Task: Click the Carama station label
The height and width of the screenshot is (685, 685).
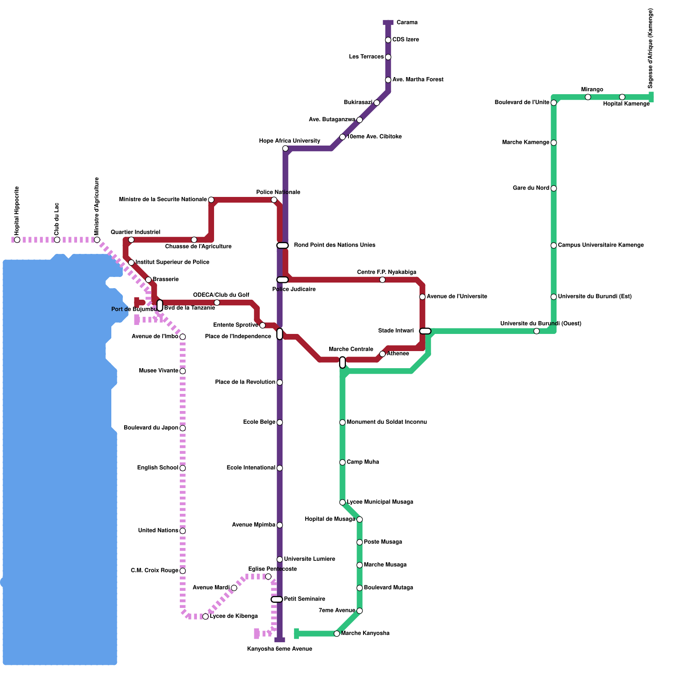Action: click(407, 22)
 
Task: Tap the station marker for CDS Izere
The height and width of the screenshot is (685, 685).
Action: click(388, 40)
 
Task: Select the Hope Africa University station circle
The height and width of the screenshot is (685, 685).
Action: click(285, 149)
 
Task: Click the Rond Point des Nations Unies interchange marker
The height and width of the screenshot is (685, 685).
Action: click(283, 245)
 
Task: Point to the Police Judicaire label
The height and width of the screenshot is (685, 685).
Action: click(294, 289)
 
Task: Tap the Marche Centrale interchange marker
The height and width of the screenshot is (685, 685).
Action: click(342, 362)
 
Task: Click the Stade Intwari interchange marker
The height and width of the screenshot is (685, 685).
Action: click(425, 331)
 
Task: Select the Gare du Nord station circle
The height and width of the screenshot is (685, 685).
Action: click(554, 188)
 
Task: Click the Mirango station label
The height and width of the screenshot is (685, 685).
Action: click(592, 89)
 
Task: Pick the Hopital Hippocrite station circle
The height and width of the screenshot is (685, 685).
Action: click(17, 240)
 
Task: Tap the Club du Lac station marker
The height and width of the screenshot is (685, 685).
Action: click(57, 240)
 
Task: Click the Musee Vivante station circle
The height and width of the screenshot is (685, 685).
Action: click(182, 371)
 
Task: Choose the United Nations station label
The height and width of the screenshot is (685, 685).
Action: click(158, 530)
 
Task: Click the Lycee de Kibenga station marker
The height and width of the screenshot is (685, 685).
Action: click(205, 616)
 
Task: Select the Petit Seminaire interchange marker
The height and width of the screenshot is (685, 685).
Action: click(277, 599)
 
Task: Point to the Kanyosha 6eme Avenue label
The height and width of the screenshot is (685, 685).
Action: click(280, 649)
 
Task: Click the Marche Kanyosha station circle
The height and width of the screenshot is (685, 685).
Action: click(337, 634)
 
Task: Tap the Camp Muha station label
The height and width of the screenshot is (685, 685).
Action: click(363, 462)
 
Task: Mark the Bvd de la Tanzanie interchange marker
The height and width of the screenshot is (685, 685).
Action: click(160, 305)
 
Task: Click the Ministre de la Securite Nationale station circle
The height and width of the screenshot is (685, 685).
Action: click(211, 200)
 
